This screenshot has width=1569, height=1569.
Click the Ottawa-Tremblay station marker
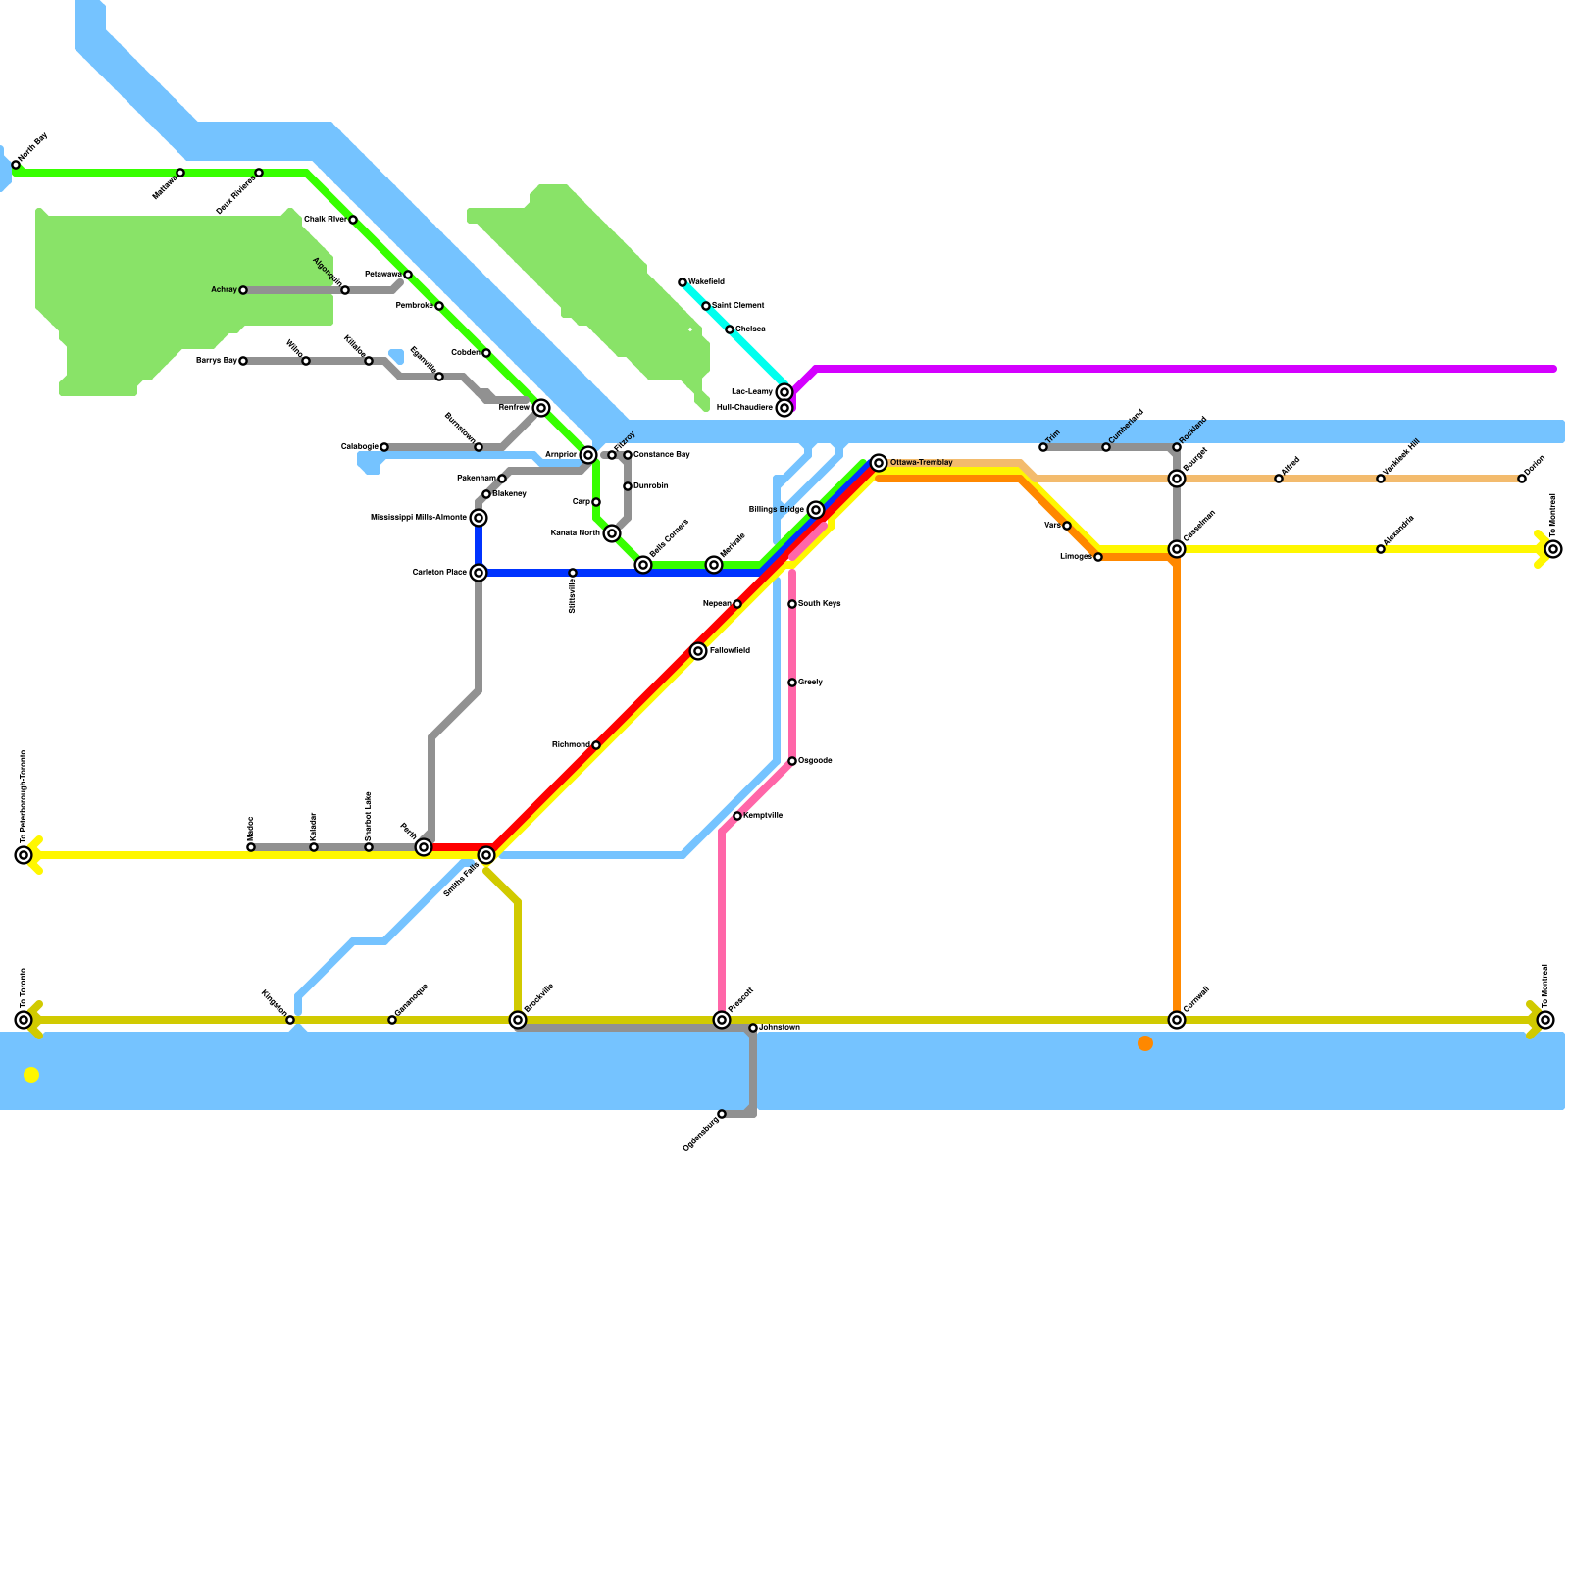point(879,463)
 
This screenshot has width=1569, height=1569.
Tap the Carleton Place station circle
point(479,573)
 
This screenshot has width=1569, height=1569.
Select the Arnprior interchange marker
point(588,455)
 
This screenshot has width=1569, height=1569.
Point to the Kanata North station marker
point(612,533)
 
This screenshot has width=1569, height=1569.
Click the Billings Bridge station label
point(777,510)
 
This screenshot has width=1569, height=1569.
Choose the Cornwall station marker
point(1177,1020)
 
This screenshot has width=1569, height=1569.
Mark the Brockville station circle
point(518,1020)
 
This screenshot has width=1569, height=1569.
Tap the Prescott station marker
point(722,1020)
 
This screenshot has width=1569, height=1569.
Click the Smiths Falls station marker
point(486,855)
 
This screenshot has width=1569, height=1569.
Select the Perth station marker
point(424,847)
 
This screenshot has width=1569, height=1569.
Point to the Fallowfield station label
point(730,651)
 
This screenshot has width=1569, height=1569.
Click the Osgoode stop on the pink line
point(792,761)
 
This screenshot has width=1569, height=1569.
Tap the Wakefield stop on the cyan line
point(683,282)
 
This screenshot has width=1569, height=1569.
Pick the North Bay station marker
point(16,165)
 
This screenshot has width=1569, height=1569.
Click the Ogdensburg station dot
point(722,1114)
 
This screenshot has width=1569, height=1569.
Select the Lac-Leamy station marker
point(784,392)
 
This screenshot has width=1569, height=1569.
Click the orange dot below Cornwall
point(1145,1043)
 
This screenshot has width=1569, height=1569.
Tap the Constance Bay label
point(662,455)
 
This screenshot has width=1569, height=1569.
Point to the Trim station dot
point(1043,447)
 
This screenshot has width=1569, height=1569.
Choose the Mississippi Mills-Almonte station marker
point(479,518)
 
